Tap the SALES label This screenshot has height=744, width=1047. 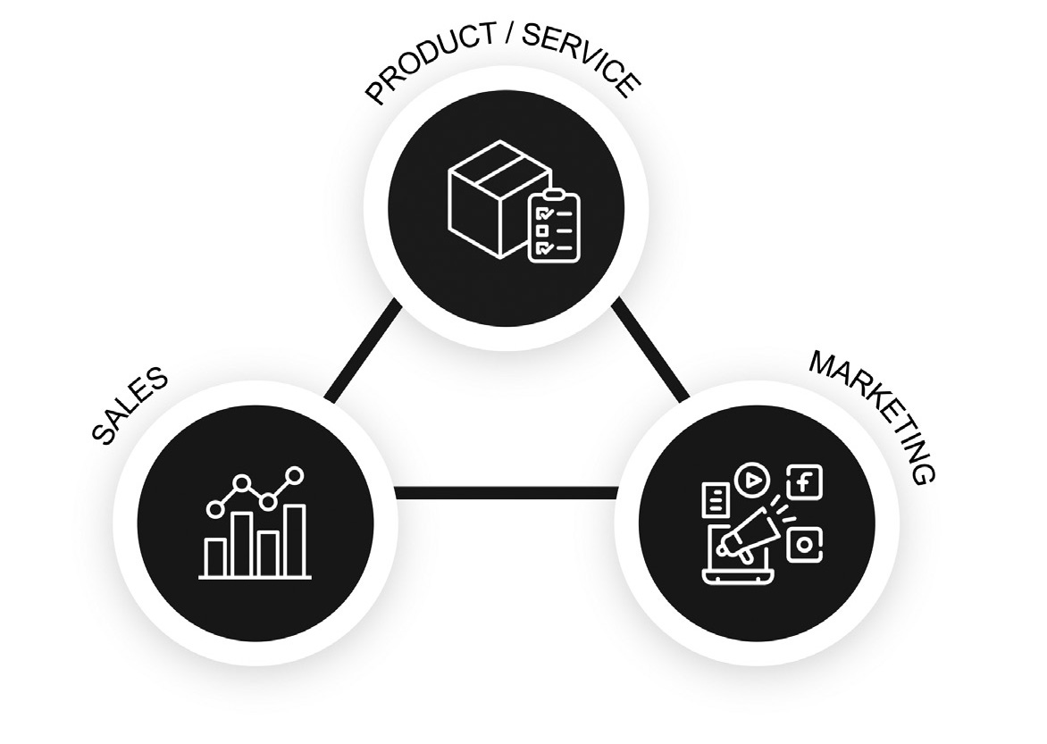[130, 405]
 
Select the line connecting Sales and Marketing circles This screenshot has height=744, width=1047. [505, 492]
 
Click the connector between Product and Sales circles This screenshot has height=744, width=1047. [363, 352]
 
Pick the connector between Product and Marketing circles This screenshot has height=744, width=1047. [651, 349]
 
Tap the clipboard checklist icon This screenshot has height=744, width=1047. [553, 227]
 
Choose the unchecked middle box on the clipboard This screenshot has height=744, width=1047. [540, 230]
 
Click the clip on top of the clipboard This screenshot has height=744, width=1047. [554, 194]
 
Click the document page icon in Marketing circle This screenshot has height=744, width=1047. [715, 499]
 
